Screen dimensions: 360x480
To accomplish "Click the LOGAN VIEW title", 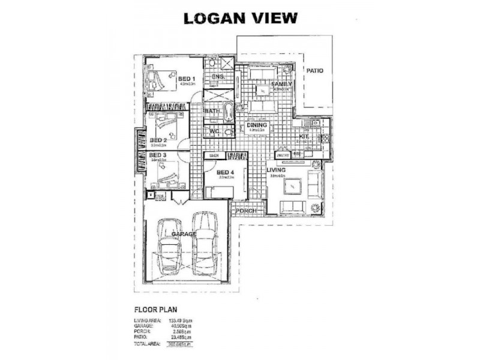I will pyautogui.click(x=240, y=18).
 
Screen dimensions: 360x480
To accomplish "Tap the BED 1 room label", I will pyautogui.click(x=186, y=79).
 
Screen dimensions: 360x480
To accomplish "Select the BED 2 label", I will pyautogui.click(x=157, y=139).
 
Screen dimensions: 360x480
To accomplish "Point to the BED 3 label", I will pyautogui.click(x=157, y=155).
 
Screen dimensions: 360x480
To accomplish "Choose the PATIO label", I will pyautogui.click(x=315, y=71).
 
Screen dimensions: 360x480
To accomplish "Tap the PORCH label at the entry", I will pyautogui.click(x=245, y=211).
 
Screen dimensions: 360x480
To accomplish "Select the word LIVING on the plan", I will pyautogui.click(x=276, y=170).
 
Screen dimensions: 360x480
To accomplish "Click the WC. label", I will pyautogui.click(x=213, y=131).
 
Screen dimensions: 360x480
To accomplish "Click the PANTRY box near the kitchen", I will pyautogui.click(x=283, y=155).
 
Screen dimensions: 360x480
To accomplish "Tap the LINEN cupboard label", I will pyautogui.click(x=212, y=155).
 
